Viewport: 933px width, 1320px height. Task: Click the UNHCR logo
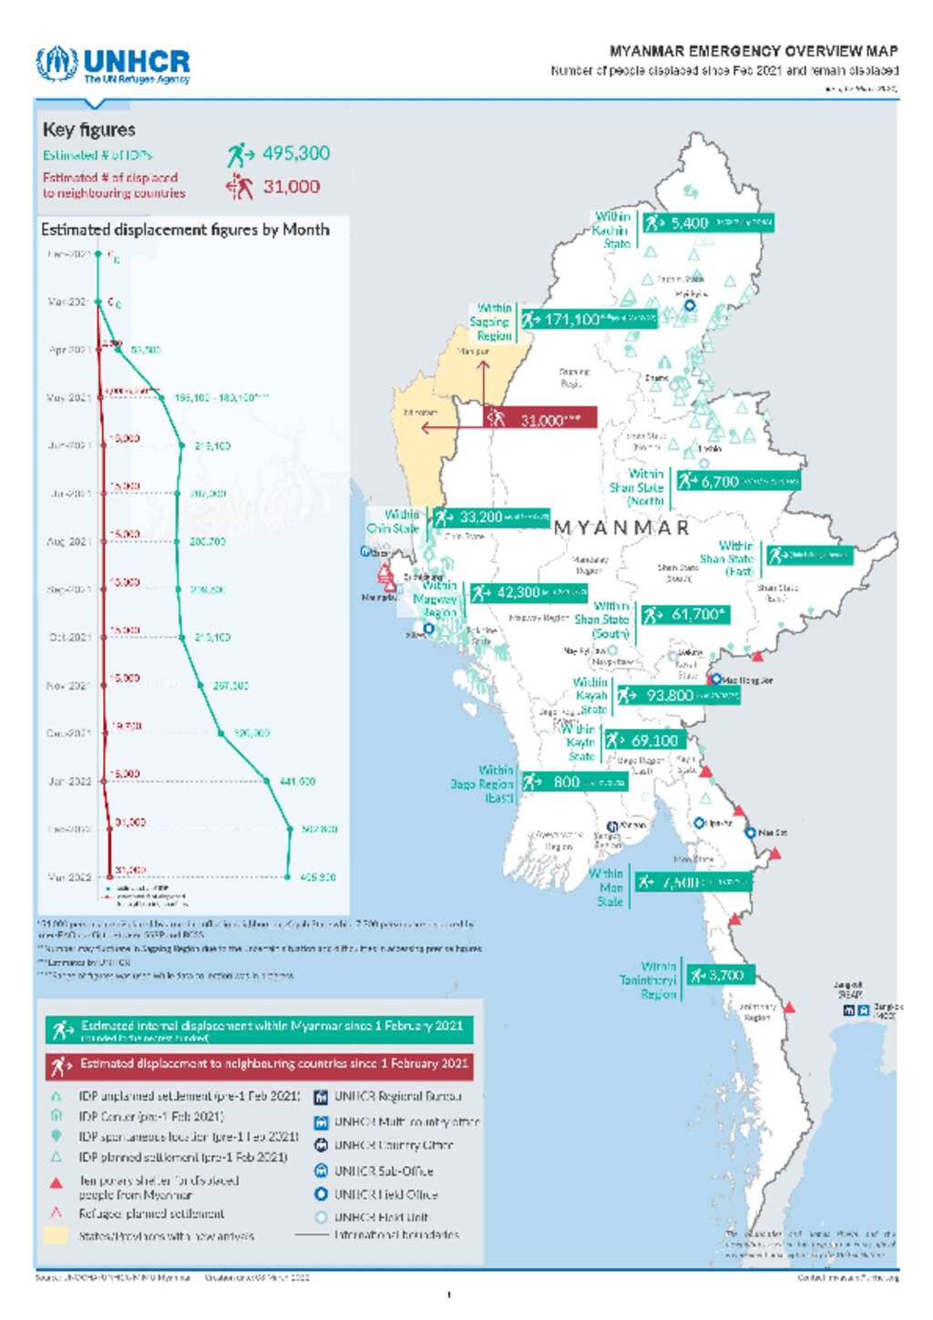(113, 65)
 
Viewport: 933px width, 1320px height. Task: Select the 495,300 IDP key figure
(295, 154)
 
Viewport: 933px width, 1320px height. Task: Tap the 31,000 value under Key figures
(291, 187)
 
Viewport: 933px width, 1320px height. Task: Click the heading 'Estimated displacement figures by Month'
(185, 230)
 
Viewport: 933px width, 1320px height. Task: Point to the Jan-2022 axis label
(69, 781)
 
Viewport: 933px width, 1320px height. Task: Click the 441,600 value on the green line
(297, 782)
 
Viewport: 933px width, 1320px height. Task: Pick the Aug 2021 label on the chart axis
(69, 541)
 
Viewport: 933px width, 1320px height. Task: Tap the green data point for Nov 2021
(201, 685)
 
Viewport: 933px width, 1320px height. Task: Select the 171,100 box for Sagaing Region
(588, 320)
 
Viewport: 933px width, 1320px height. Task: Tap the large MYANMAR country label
(621, 528)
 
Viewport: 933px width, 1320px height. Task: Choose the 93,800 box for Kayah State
(678, 696)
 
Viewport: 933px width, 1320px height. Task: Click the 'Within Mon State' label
(608, 887)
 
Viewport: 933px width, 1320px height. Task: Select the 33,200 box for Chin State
(491, 517)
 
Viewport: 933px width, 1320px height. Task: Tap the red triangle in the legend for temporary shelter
(56, 1183)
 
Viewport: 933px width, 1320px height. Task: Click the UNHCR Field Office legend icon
(321, 1194)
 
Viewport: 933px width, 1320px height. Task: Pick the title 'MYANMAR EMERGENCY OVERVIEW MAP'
(754, 51)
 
